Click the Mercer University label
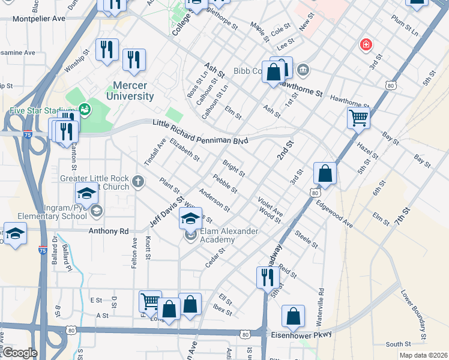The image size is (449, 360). pyautogui.click(x=130, y=91)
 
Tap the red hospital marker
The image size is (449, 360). pyautogui.click(x=365, y=44)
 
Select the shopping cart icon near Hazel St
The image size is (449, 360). pyautogui.click(x=358, y=119)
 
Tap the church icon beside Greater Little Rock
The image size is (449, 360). pyautogui.click(x=137, y=181)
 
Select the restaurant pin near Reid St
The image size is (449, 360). pyautogui.click(x=266, y=277)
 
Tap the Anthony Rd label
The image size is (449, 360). pyautogui.click(x=109, y=231)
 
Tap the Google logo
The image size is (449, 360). pyautogui.click(x=19, y=353)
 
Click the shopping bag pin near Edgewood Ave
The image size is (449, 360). pyautogui.click(x=325, y=174)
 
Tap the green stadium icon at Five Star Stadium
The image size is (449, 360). pyautogui.click(x=85, y=109)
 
